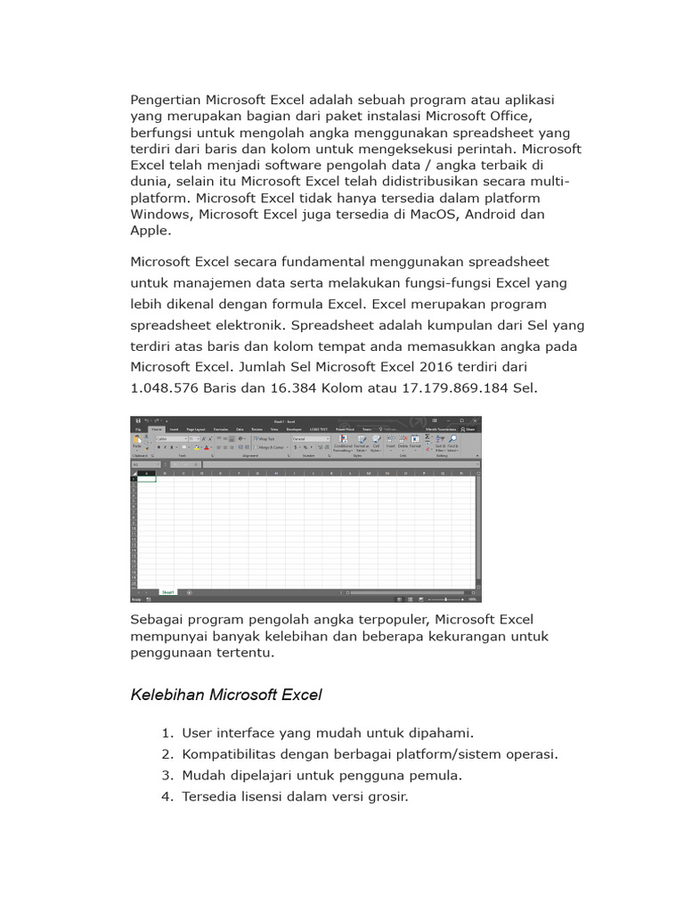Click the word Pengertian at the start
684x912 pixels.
(x=166, y=100)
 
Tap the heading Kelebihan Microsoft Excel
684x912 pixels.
(x=226, y=695)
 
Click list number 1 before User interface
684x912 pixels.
(x=167, y=733)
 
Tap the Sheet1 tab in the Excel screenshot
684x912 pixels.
(x=168, y=591)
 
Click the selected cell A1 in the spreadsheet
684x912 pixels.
(x=146, y=478)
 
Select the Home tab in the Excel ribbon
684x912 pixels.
(x=156, y=428)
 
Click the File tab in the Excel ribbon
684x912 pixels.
(x=138, y=428)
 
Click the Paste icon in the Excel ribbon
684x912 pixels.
(x=137, y=442)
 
